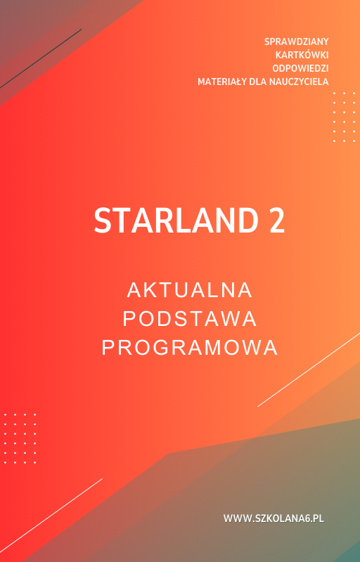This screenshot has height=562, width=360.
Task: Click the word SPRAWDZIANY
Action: [x=296, y=41]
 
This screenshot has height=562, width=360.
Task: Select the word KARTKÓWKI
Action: [x=302, y=55]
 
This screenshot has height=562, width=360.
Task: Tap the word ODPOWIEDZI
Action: [x=300, y=68]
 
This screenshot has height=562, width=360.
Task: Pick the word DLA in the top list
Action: [x=258, y=81]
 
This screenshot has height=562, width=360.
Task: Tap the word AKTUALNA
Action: [x=190, y=290]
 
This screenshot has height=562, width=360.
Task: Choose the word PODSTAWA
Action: [x=190, y=319]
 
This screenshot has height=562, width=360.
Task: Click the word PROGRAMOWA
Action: [x=190, y=348]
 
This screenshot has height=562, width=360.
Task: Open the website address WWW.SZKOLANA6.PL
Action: [x=274, y=518]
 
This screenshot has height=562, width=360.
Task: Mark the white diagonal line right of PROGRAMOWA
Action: [x=309, y=369]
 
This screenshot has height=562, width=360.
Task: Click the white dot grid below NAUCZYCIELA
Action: [x=344, y=117]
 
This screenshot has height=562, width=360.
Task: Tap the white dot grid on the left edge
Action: [x=20, y=438]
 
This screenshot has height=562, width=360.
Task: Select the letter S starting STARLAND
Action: [x=103, y=221]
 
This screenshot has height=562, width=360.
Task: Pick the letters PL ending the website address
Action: [x=318, y=518]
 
